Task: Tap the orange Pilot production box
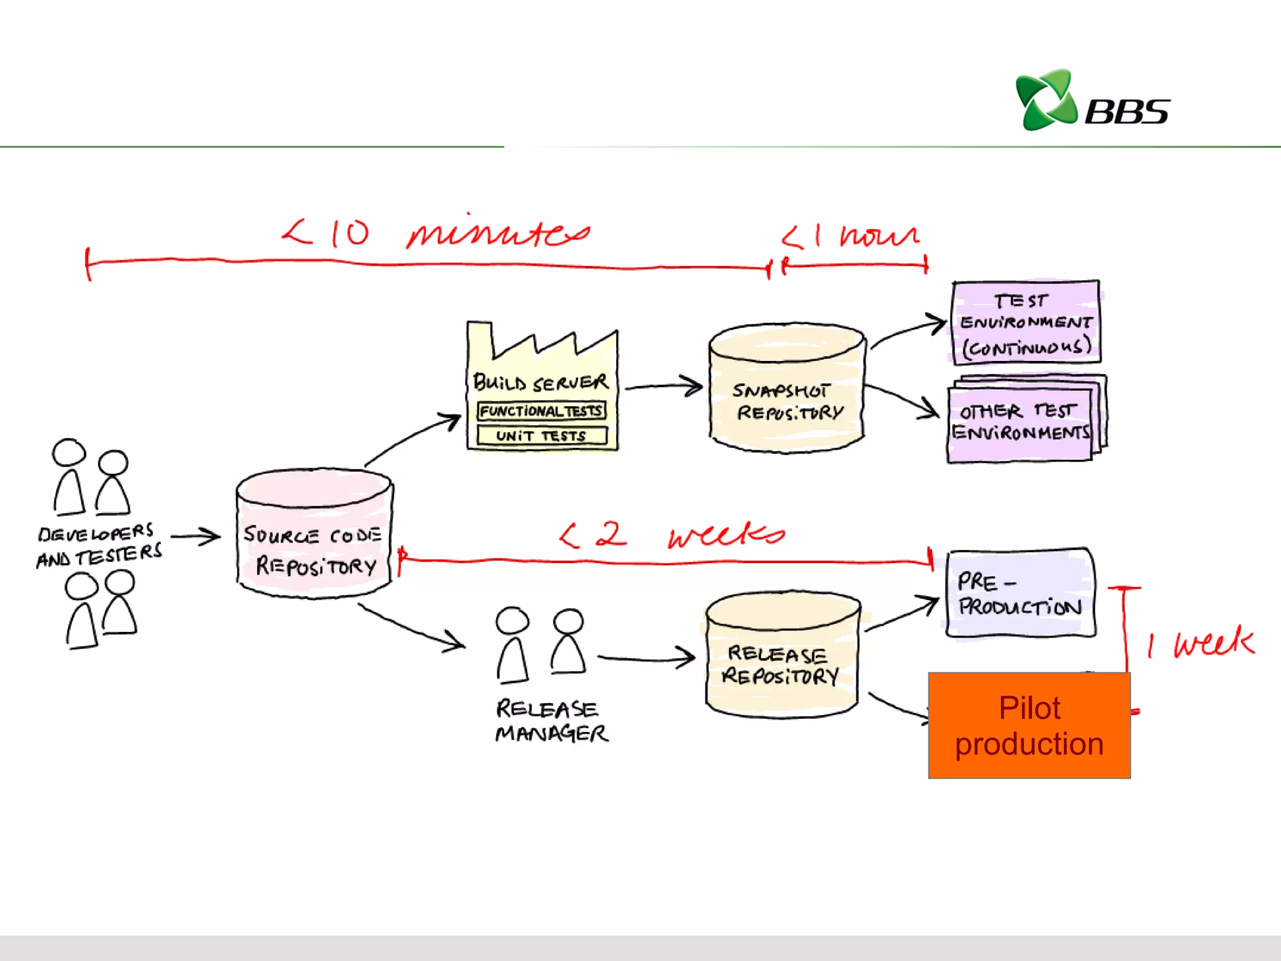[1029, 726]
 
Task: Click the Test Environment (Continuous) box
[1026, 322]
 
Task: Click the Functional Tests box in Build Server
[541, 411]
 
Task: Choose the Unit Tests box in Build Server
[541, 435]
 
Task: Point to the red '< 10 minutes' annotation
[435, 233]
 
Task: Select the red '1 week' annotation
[1201, 643]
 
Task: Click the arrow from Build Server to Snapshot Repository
[663, 387]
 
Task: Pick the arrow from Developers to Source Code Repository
[195, 536]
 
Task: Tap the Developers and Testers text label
[99, 544]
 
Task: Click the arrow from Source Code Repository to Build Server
[413, 438]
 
